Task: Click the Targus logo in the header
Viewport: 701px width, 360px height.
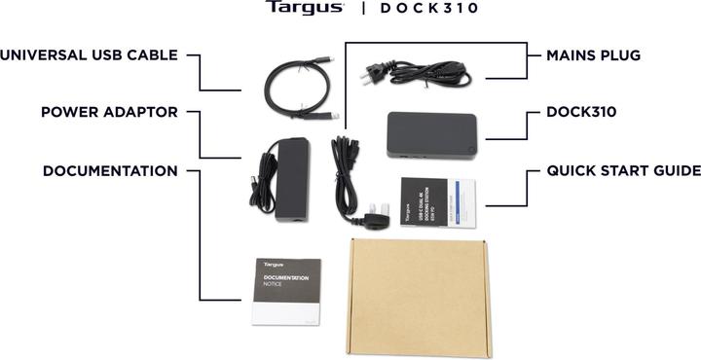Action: (305, 9)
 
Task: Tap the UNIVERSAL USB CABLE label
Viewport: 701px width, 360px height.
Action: (89, 55)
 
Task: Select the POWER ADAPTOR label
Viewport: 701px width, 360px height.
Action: (109, 113)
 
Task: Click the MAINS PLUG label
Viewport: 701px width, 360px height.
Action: (594, 55)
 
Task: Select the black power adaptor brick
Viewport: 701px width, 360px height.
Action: (290, 180)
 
